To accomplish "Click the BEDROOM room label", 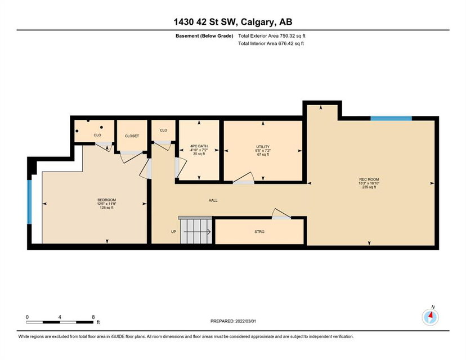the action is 106,200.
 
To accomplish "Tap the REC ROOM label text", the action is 369,179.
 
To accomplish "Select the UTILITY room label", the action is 263,147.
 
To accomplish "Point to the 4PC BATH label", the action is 199,146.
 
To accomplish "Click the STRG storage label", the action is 259,232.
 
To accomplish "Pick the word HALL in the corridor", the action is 213,200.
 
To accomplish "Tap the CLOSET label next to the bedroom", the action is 132,136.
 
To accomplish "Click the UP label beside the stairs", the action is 173,232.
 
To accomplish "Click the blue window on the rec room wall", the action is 391,118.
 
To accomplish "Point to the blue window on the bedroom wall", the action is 29,202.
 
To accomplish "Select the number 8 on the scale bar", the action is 93,317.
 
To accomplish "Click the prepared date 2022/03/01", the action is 245,321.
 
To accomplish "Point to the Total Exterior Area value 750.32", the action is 287,35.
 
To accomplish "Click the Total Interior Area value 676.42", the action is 285,43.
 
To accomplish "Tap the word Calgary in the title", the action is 258,22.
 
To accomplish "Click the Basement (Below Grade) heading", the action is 204,36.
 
